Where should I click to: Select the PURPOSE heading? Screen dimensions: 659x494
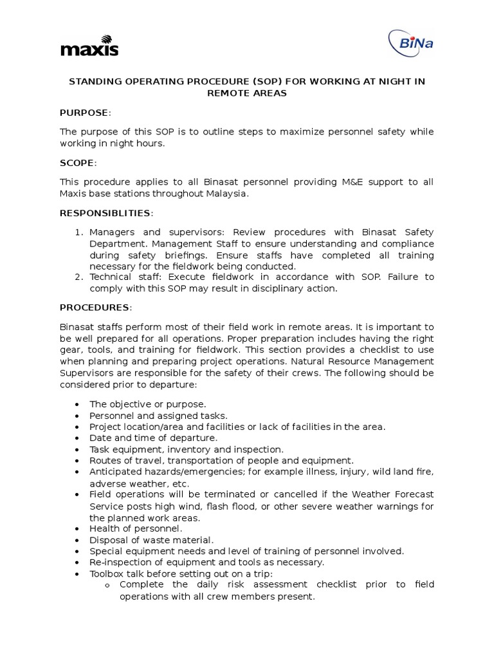84,113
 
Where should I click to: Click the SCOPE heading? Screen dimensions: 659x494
78,163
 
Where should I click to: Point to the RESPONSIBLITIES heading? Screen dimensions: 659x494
106,213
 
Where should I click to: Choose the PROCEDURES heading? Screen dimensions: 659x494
95,308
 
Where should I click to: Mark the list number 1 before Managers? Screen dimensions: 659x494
77,232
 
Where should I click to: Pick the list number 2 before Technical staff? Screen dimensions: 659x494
77,277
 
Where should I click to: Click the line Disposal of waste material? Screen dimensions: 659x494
151,540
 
